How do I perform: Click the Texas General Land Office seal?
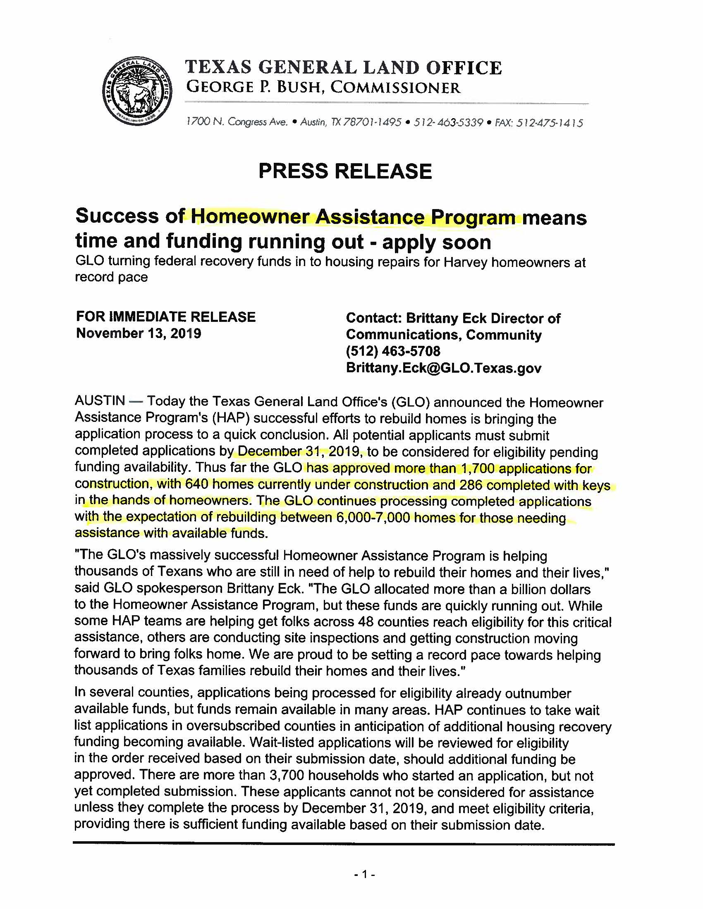(137, 91)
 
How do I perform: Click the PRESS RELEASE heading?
(345, 171)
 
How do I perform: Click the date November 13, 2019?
(138, 333)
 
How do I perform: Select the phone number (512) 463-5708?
(393, 351)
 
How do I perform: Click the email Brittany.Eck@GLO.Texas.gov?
(444, 368)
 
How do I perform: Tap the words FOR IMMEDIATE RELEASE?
(165, 317)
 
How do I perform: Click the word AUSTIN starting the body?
(100, 401)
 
